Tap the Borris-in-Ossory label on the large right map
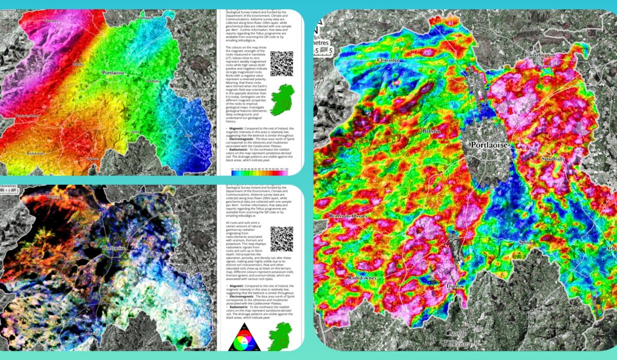[348, 216]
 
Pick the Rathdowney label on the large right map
[358, 278]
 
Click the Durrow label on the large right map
[456, 286]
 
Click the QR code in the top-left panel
[281, 64]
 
